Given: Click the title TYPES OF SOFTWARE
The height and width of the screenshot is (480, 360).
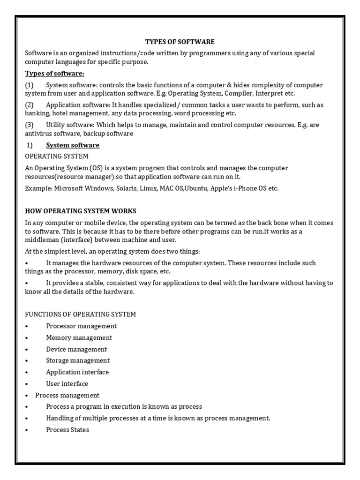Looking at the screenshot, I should tap(180, 42).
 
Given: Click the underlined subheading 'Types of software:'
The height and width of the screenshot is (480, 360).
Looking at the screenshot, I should tap(54, 74).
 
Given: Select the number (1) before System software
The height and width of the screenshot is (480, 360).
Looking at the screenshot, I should tap(30, 85).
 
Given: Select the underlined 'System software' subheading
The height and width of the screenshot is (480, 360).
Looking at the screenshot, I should tap(73, 145).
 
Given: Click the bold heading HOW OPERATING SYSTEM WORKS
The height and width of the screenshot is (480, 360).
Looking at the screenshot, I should tap(81, 211).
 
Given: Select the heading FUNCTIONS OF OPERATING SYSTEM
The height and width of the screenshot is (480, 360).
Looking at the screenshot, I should tap(81, 314).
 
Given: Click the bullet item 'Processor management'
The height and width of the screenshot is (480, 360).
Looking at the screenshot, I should tap(81, 326).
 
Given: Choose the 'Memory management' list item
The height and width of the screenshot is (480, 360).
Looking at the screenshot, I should tap(79, 337).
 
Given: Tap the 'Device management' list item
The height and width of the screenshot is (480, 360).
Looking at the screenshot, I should tap(76, 349).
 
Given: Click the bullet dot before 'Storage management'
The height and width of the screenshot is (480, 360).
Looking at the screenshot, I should tap(27, 361).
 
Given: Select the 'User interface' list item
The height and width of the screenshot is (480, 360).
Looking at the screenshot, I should tap(67, 383).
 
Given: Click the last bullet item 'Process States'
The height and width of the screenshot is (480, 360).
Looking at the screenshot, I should tap(67, 429).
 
